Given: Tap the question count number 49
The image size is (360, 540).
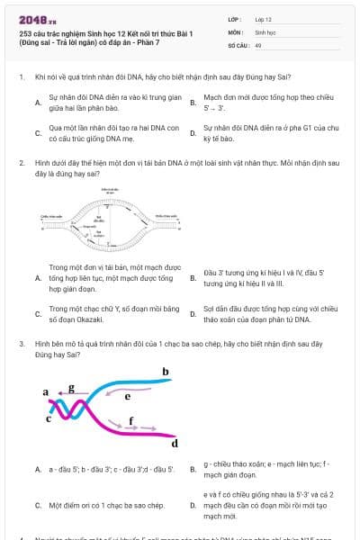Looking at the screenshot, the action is click(258, 44).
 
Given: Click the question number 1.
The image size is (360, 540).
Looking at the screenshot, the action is click(21, 77).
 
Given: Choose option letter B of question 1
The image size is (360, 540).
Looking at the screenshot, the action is click(193, 102).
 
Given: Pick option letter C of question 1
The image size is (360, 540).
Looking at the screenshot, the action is click(38, 133).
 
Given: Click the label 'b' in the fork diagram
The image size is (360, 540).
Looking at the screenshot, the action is click(165, 371).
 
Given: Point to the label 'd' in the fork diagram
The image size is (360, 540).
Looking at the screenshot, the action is click(175, 443).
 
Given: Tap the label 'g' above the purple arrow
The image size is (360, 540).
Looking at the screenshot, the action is click(71, 387).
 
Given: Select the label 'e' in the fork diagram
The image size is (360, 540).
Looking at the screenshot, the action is click(128, 394).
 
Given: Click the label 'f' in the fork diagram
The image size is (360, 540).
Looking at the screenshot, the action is click(131, 419).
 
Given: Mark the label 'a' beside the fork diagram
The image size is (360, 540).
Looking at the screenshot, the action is click(46, 392).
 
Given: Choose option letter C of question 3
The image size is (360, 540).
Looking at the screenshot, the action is click(38, 506).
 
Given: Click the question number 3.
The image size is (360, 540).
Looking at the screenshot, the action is click(21, 344).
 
